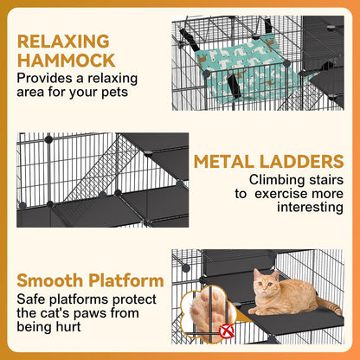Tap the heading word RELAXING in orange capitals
63,41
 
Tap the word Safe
32,299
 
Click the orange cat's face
265,283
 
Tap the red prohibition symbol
228,330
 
